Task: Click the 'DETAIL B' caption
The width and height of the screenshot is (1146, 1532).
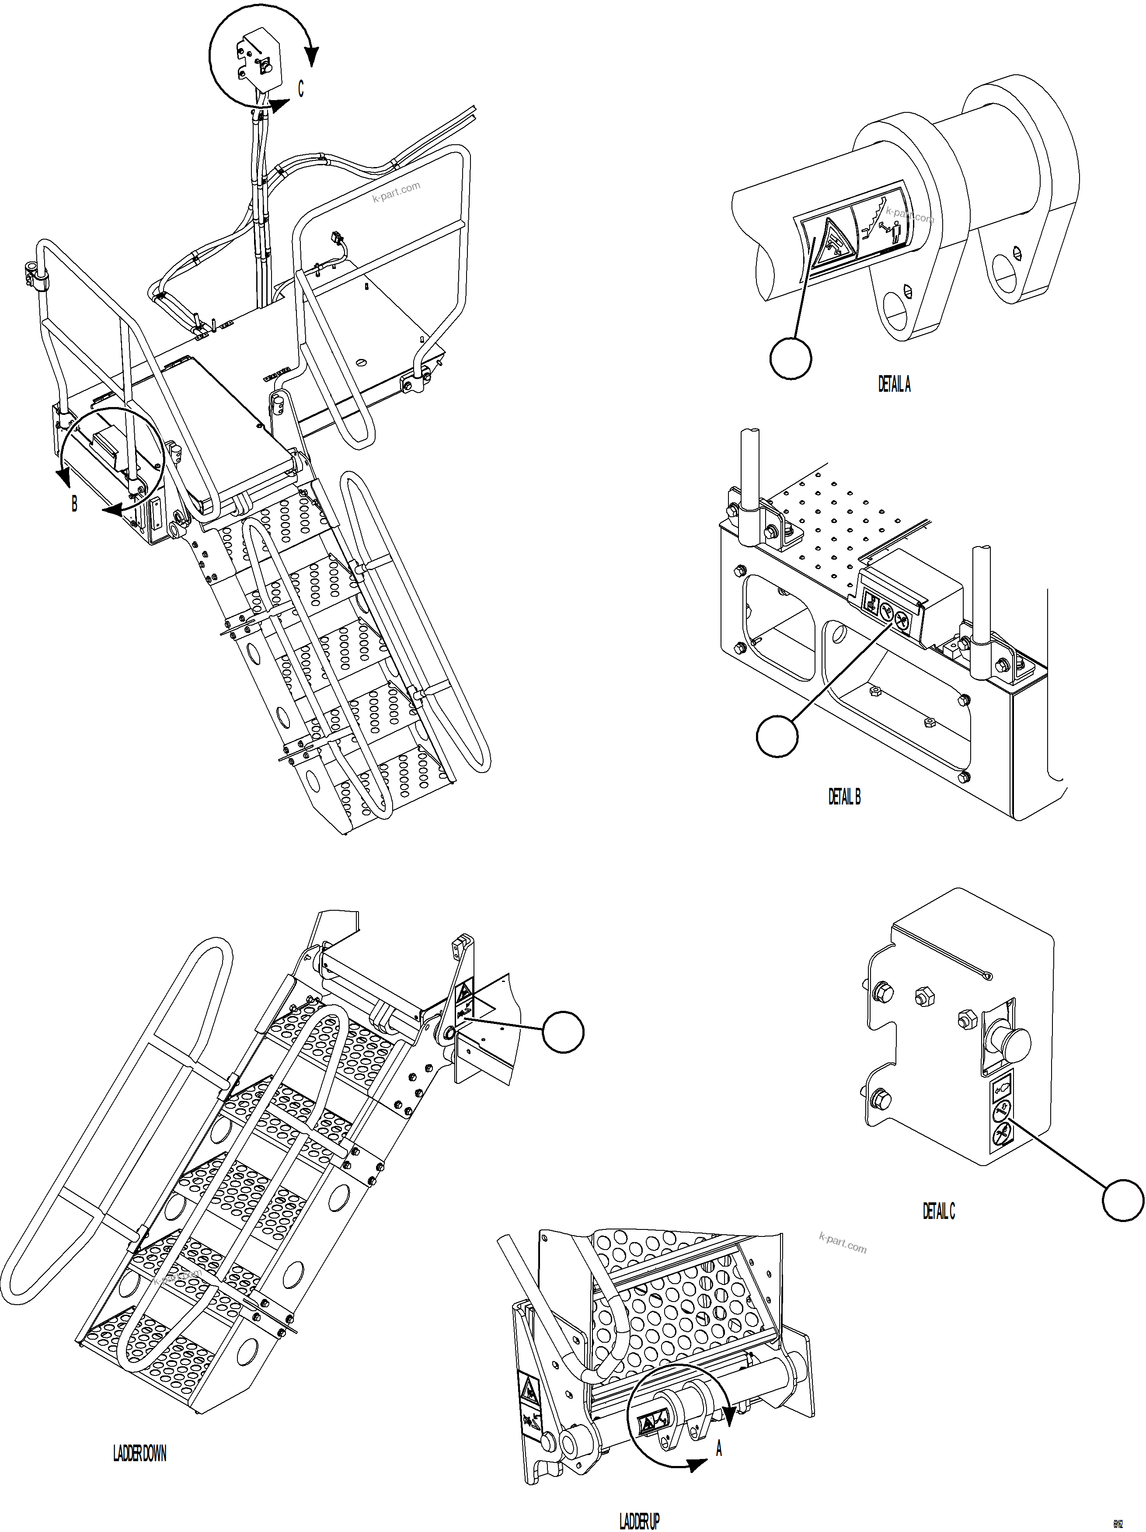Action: click(844, 797)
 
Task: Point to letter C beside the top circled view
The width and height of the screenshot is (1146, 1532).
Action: click(300, 89)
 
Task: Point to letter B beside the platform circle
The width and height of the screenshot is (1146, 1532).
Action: click(74, 504)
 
